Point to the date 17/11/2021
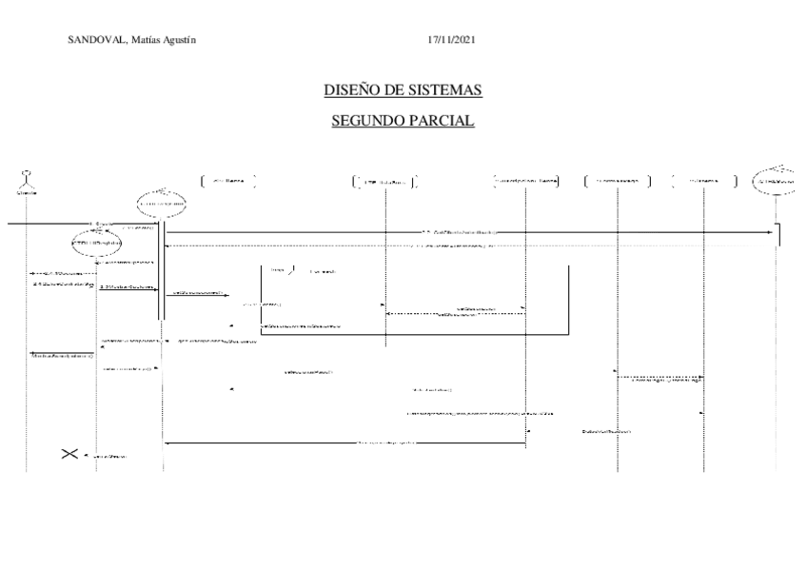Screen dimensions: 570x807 (x=452, y=39)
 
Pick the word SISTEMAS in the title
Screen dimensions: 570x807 (x=445, y=90)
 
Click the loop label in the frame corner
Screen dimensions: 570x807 (x=278, y=271)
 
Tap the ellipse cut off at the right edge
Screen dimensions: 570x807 (x=778, y=181)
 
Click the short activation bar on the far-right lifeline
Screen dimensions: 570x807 (x=778, y=233)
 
